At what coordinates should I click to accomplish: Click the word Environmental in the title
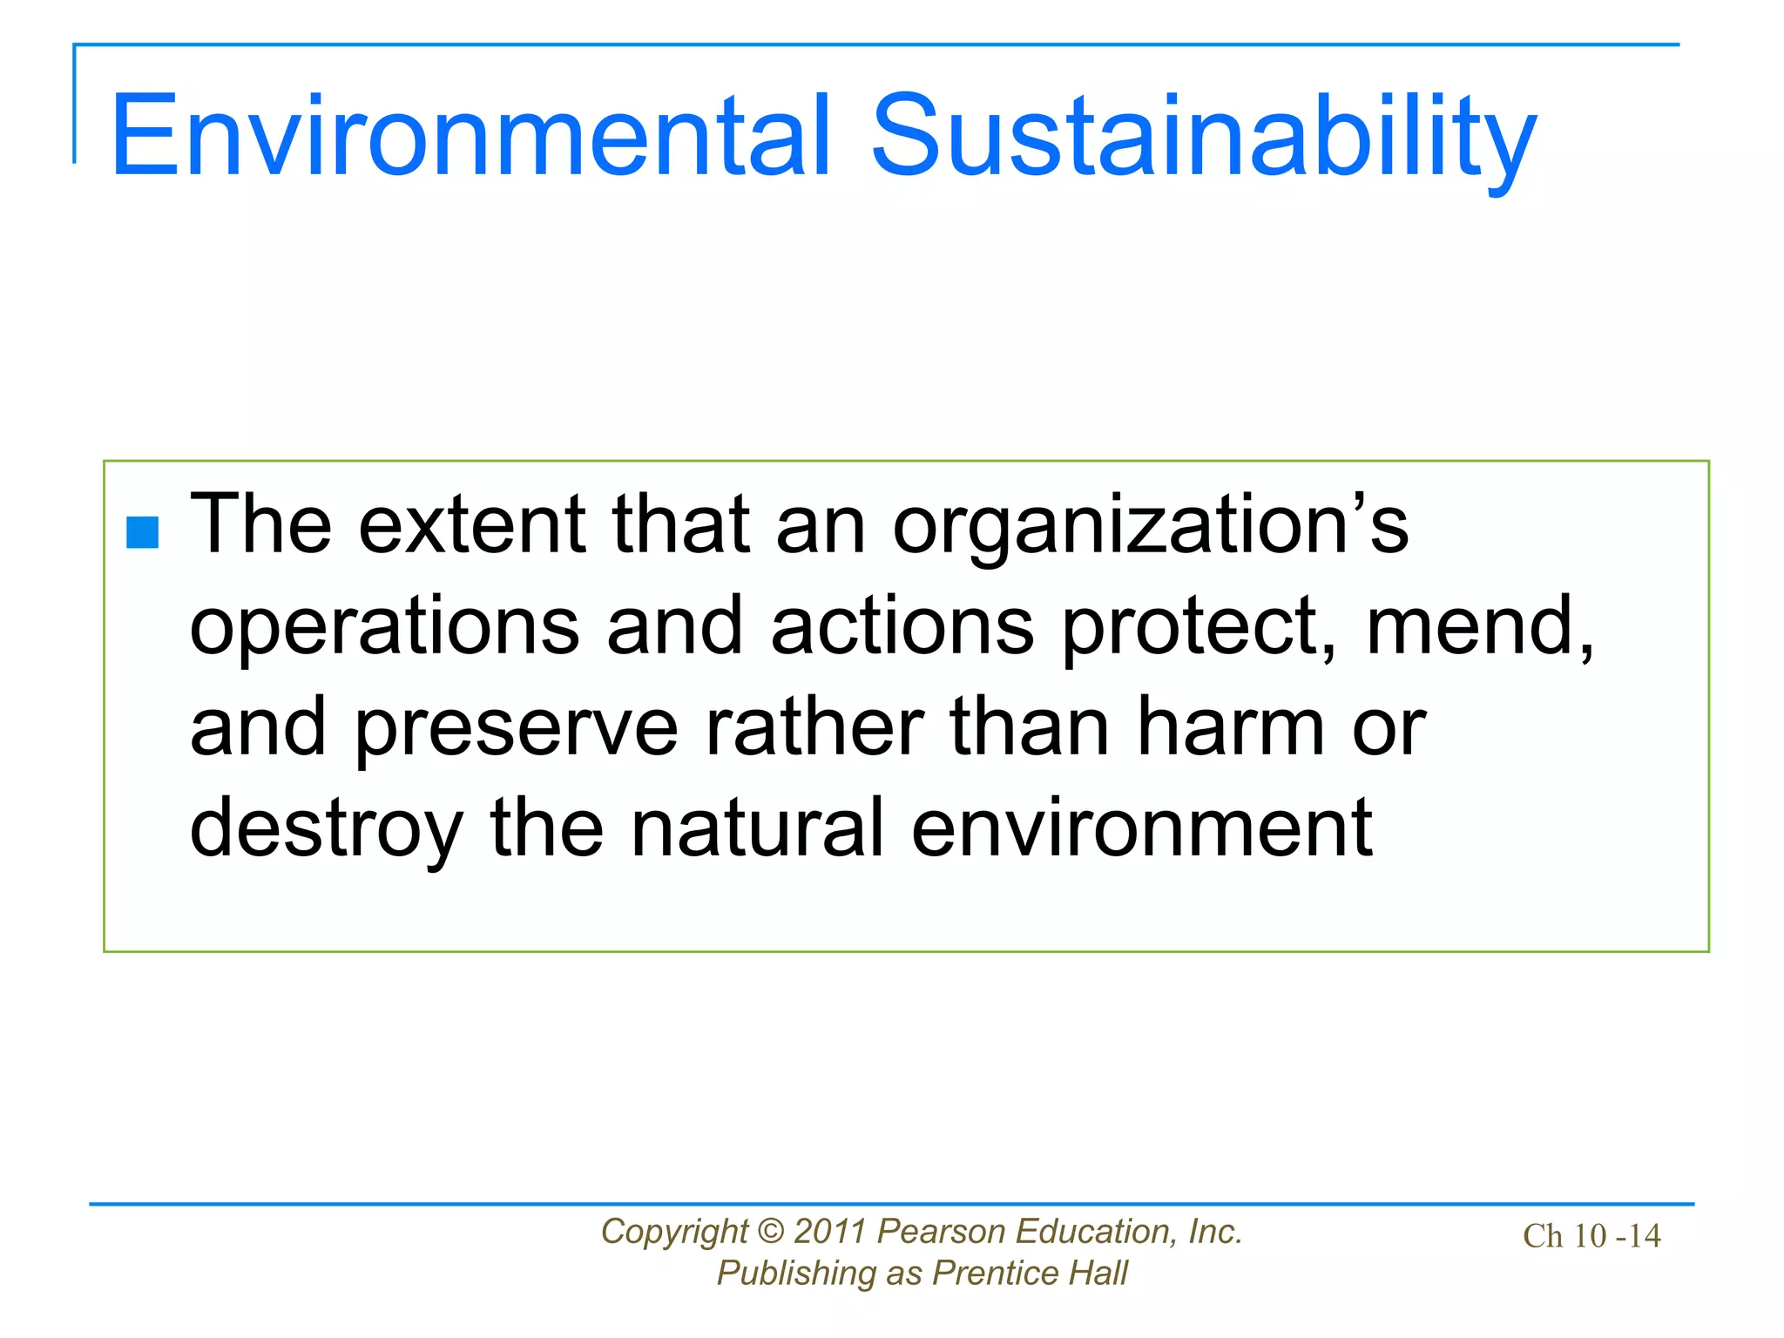(x=470, y=137)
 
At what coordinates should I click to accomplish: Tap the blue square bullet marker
(x=143, y=532)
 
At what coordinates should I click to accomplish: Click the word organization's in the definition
(x=1150, y=525)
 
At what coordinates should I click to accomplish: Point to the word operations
(x=384, y=627)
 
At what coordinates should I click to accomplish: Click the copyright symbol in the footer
(x=771, y=1232)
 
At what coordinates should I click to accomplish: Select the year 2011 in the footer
(x=830, y=1232)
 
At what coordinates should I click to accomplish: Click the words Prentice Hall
(x=1030, y=1274)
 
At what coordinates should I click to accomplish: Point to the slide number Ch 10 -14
(x=1591, y=1236)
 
